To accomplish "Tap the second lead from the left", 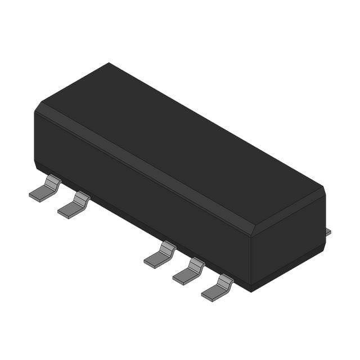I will coord(74,206).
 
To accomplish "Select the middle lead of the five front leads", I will coord(160,255).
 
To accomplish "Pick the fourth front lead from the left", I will coord(189,271).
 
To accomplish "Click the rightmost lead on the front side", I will coord(218,287).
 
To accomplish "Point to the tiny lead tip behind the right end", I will coord(328,232).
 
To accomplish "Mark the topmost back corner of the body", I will coord(108,63).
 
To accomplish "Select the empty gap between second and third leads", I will coord(115,231).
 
